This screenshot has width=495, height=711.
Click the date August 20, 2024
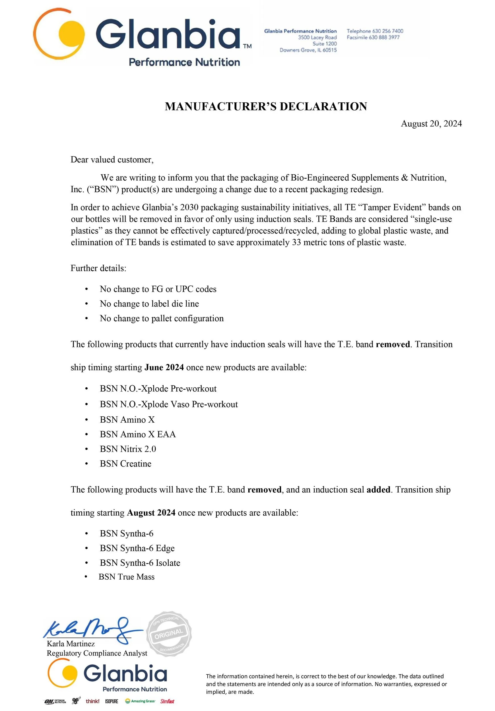(431, 123)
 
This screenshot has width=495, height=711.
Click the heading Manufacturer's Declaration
(266, 107)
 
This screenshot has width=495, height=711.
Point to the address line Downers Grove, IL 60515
(308, 50)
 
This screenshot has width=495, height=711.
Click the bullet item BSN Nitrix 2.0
(128, 449)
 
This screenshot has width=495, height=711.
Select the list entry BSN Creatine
(125, 464)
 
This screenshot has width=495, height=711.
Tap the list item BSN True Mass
(126, 576)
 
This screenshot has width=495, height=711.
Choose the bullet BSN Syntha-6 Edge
(137, 548)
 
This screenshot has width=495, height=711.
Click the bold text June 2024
(164, 367)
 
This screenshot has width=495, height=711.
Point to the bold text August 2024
(151, 512)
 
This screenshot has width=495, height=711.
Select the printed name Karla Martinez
(71, 644)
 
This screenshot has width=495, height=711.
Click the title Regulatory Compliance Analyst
(97, 653)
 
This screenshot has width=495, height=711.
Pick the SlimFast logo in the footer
(167, 701)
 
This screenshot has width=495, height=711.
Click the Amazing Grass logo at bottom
(140, 701)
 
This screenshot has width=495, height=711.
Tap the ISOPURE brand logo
(112, 701)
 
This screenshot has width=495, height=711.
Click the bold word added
(378, 489)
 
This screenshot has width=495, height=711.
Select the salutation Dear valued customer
(112, 160)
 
